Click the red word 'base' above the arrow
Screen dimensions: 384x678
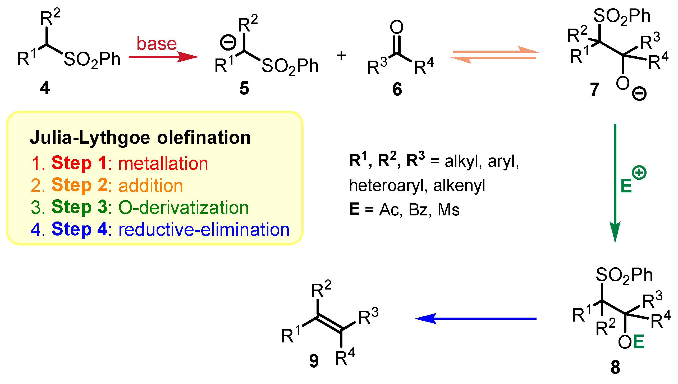tap(157, 44)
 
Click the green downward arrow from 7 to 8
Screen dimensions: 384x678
tap(615, 183)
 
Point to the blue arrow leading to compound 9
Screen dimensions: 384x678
tap(476, 318)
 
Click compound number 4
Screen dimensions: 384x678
tap(45, 88)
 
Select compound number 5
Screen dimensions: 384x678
tap(244, 88)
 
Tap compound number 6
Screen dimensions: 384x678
tap(397, 89)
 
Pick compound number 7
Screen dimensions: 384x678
tap(594, 89)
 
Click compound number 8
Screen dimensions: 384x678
tap(615, 367)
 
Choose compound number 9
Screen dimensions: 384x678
tap(314, 361)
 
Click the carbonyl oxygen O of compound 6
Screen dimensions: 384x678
tap(397, 27)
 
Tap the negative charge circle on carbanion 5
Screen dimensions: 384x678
tap(228, 43)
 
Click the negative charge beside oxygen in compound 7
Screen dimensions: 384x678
tap(639, 93)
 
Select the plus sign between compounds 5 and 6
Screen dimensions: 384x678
tap(341, 56)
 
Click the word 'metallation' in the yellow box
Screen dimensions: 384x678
tap(163, 163)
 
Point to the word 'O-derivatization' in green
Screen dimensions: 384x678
tap(184, 207)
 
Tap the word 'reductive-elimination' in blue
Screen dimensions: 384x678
tap(204, 229)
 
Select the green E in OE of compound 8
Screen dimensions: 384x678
tap(638, 342)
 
